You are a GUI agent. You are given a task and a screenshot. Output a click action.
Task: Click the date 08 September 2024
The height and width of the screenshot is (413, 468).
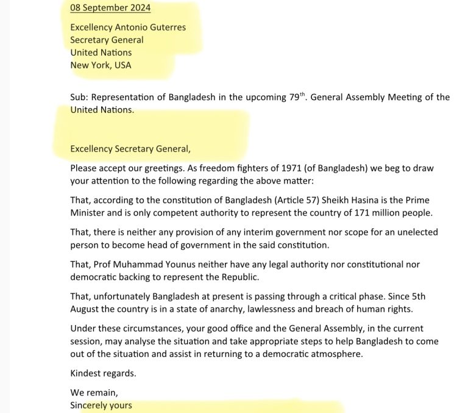pyautogui.click(x=110, y=8)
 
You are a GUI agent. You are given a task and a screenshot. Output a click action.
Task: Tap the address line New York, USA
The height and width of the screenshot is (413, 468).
pyautogui.click(x=101, y=65)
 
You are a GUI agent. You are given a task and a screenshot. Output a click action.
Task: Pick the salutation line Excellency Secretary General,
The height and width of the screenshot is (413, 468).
pyautogui.click(x=130, y=148)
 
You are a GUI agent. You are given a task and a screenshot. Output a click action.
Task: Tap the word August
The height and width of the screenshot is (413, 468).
pyautogui.click(x=86, y=309)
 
